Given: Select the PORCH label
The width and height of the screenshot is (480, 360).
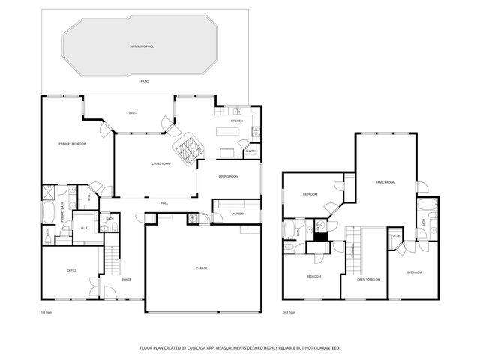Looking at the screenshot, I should pyautogui.click(x=131, y=112).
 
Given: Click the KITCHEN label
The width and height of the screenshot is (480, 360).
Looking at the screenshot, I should pyautogui.click(x=236, y=121).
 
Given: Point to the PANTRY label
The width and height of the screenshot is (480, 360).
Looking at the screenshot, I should pyautogui.click(x=250, y=151).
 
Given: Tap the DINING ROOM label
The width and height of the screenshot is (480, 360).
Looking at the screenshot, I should pyautogui.click(x=228, y=176).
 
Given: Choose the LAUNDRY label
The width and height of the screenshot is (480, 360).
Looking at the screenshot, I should pyautogui.click(x=238, y=214).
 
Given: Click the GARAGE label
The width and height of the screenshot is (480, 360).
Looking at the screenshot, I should pyautogui.click(x=202, y=268).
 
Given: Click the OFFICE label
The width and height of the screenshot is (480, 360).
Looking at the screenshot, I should pyautogui.click(x=72, y=270).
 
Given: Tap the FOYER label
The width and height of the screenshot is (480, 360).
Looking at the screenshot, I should pyautogui.click(x=126, y=280).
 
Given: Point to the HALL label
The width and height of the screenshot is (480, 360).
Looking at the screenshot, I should pyautogui.click(x=164, y=203).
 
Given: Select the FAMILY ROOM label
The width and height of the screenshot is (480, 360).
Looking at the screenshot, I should pyautogui.click(x=385, y=182).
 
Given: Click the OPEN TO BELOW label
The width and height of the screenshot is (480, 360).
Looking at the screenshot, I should pyautogui.click(x=368, y=279).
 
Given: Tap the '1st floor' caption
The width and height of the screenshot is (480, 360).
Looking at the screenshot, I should pyautogui.click(x=46, y=312).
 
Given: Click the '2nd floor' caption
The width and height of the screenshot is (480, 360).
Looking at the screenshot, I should pyautogui.click(x=289, y=312).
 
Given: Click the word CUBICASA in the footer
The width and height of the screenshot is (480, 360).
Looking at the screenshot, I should pyautogui.click(x=214, y=348).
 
